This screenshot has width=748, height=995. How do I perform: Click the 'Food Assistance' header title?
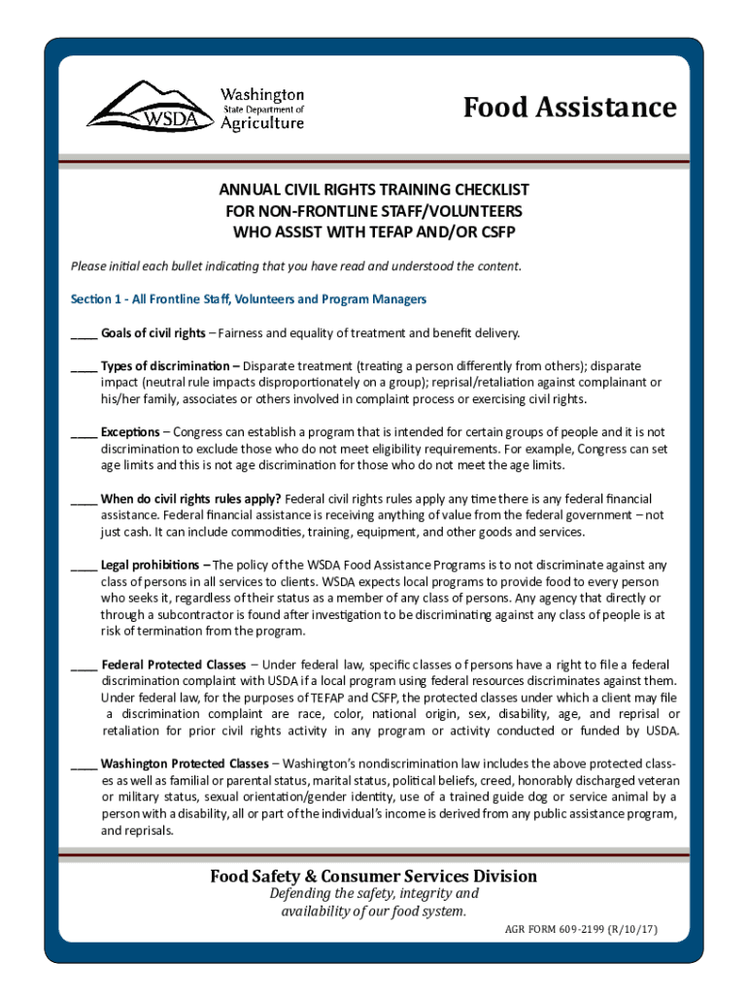click(569, 107)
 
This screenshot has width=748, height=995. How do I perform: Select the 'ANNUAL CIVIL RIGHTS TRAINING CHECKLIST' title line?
click(374, 190)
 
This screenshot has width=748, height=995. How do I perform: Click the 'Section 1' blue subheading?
click(249, 298)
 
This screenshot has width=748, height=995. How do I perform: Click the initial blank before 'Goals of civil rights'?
click(83, 334)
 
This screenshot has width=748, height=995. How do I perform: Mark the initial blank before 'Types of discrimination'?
click(83, 367)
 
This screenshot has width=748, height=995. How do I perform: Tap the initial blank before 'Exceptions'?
click(83, 432)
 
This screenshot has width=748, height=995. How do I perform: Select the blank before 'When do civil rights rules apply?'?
click(83, 498)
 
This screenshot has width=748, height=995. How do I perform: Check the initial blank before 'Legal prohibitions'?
click(83, 565)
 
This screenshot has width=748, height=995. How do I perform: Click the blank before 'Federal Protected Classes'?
click(83, 665)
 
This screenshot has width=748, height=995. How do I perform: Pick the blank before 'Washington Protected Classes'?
click(83, 764)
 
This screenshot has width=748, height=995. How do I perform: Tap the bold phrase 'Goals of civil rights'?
click(153, 333)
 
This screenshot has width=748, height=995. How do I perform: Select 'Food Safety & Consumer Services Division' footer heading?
click(374, 876)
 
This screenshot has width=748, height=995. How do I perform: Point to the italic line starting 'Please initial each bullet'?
click(296, 266)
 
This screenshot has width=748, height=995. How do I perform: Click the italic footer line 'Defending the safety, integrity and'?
click(374, 894)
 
